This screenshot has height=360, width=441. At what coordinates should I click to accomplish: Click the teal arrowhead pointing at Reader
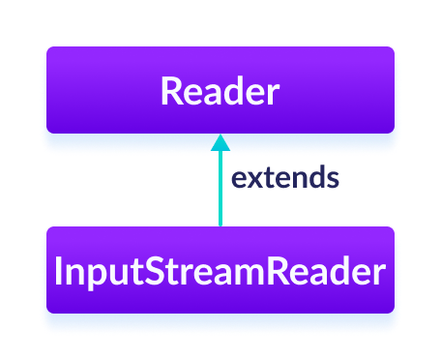click(x=220, y=142)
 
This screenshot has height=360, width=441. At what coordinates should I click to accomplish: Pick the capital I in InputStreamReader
click(x=60, y=273)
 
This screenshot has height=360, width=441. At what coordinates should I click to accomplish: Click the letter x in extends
click(x=253, y=180)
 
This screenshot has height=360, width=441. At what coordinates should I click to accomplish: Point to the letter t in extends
click(x=267, y=179)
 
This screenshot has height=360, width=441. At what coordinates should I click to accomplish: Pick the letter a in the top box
click(x=212, y=94)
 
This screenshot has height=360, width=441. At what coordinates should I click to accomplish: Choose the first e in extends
click(x=239, y=180)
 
